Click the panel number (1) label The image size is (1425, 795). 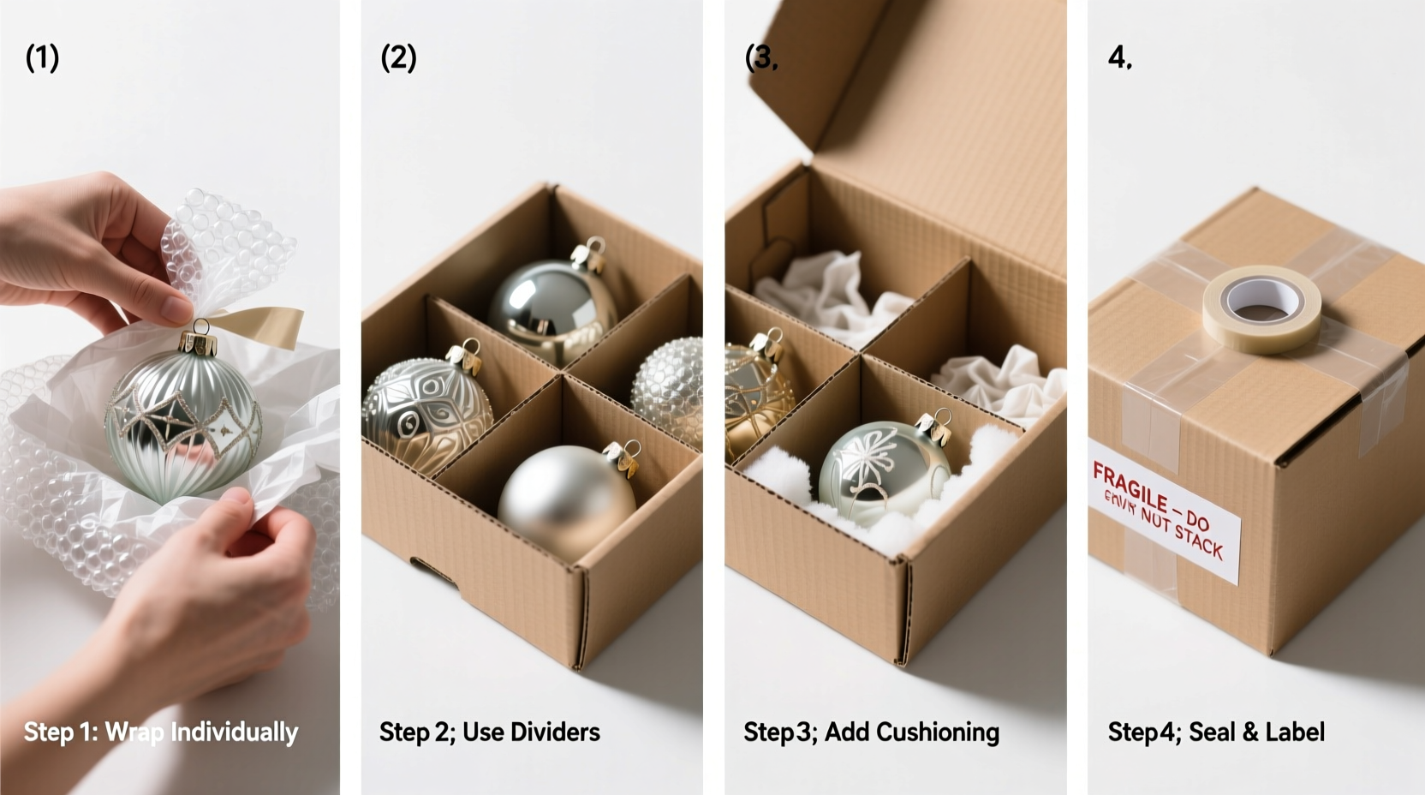tap(42, 58)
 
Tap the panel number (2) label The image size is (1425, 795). tap(398, 58)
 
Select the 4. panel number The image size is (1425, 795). tap(1119, 58)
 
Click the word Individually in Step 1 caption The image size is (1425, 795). tap(234, 732)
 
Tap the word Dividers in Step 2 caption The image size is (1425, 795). tap(554, 732)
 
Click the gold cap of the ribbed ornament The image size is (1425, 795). tap(200, 344)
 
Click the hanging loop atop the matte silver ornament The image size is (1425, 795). tap(631, 448)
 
